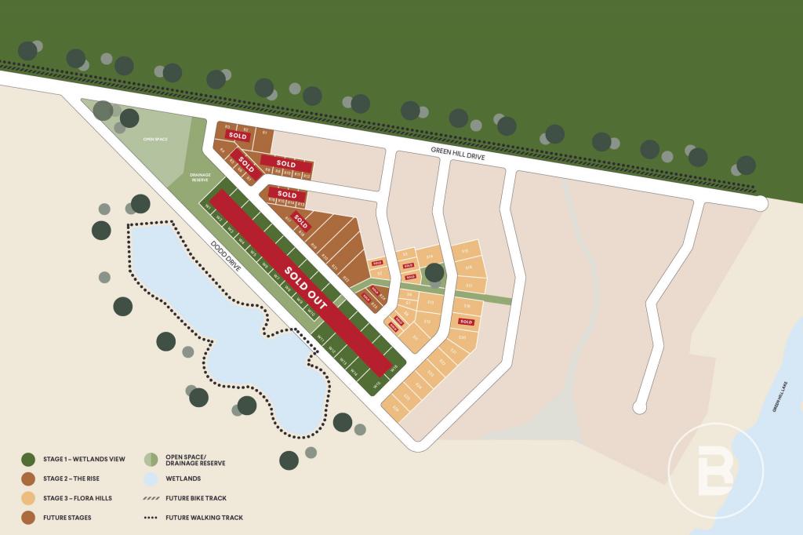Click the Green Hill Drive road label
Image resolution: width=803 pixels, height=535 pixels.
[x=458, y=152]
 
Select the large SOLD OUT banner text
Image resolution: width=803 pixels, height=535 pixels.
[x=306, y=289]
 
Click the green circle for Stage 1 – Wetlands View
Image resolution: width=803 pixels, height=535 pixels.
[x=28, y=460]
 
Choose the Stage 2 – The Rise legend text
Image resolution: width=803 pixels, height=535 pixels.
[x=72, y=479]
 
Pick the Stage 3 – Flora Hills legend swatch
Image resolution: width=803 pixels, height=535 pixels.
[x=28, y=498]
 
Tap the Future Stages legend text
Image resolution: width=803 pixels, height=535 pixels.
[x=67, y=518]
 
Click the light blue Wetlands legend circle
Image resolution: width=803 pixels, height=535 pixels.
[x=151, y=479]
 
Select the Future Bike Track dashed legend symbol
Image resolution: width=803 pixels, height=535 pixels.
[x=151, y=498]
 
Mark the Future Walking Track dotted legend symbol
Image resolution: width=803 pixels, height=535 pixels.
[x=151, y=518]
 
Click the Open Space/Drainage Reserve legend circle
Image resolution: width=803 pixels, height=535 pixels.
[x=151, y=460]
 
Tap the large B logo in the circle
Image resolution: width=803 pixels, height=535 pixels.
[x=714, y=471]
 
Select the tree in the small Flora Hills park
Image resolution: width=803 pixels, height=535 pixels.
[x=434, y=273]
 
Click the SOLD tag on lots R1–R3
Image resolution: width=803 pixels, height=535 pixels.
[x=238, y=136]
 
